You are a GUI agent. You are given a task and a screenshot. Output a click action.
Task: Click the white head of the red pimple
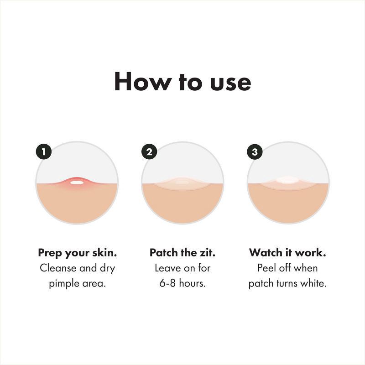pyautogui.click(x=77, y=182)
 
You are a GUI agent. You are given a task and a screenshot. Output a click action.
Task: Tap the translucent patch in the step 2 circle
pyautogui.click(x=182, y=183)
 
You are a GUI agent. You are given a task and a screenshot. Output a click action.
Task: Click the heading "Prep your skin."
pyautogui.click(x=77, y=252)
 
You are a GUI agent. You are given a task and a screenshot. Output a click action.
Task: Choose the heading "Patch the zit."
pyautogui.click(x=182, y=252)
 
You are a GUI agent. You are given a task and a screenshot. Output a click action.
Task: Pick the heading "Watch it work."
pyautogui.click(x=287, y=252)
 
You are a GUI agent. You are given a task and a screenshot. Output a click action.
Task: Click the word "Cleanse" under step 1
pyautogui.click(x=59, y=268)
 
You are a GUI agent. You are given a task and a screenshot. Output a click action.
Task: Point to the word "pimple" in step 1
pyautogui.click(x=64, y=283)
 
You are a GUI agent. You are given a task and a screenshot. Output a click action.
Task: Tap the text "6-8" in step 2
pyautogui.click(x=168, y=283)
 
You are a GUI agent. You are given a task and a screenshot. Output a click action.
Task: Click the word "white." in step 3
pyautogui.click(x=313, y=283)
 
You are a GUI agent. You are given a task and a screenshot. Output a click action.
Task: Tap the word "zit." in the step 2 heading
pyautogui.click(x=207, y=252)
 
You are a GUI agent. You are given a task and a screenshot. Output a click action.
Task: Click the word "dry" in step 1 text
pyautogui.click(x=106, y=268)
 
